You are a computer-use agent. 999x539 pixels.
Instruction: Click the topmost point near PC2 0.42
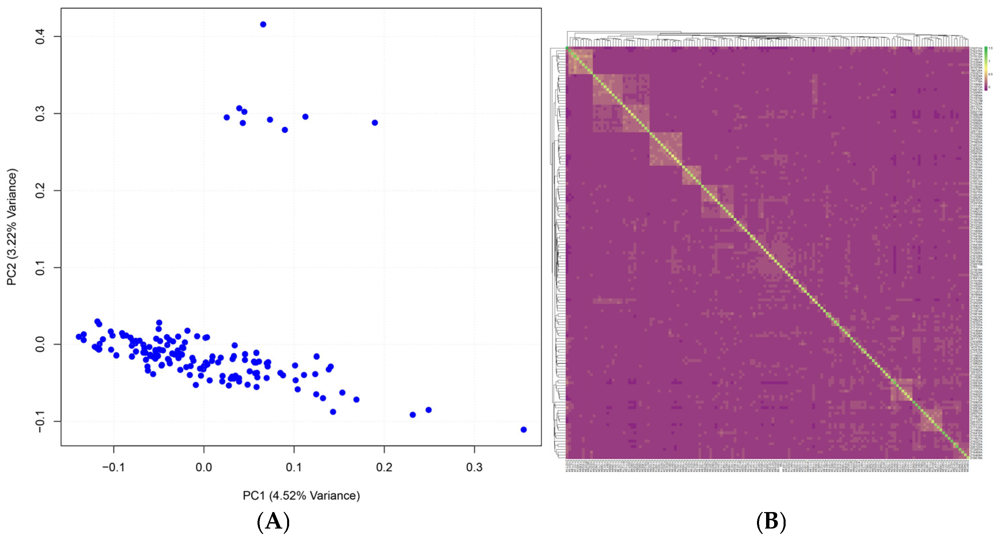(x=263, y=25)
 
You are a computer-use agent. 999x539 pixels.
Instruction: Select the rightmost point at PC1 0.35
(x=523, y=430)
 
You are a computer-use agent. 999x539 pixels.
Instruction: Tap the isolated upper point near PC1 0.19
(x=375, y=123)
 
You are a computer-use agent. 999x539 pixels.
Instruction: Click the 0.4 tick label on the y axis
(x=40, y=36)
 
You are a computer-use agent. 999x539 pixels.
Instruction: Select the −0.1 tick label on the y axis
(x=40, y=421)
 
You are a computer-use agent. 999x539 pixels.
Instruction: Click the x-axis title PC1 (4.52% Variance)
(x=301, y=496)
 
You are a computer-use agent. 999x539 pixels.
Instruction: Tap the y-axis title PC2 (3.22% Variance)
(x=12, y=227)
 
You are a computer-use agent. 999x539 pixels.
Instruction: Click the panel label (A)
(x=273, y=521)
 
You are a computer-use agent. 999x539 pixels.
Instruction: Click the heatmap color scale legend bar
(x=986, y=68)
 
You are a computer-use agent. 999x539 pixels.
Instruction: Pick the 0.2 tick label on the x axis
(x=384, y=467)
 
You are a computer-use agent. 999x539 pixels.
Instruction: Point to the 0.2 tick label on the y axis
(x=40, y=191)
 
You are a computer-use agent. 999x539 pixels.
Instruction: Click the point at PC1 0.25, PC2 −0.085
(x=428, y=410)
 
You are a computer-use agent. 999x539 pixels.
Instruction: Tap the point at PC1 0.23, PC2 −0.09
(x=413, y=415)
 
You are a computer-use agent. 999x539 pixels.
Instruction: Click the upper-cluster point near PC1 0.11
(x=305, y=117)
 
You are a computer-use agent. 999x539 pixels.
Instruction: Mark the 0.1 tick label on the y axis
(x=40, y=268)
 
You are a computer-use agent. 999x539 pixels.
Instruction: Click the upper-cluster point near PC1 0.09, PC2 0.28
(x=285, y=130)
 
